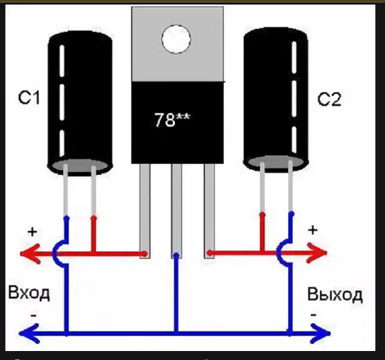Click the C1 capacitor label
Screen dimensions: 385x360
coord(29,98)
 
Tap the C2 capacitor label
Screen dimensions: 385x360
coord(329,100)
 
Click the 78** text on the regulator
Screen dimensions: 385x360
coord(172,120)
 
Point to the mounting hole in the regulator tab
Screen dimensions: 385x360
coord(176,39)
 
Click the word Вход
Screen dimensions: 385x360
coord(29,292)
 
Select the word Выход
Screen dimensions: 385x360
coord(335,294)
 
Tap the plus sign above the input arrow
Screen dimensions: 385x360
coord(32,231)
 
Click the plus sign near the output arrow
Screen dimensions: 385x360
coord(312,230)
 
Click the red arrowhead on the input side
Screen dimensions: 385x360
coord(30,254)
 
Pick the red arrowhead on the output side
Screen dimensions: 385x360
coord(317,252)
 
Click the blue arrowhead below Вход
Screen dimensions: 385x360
coord(29,334)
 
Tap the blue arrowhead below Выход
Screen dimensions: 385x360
coord(321,333)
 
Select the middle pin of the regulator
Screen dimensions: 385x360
coord(176,211)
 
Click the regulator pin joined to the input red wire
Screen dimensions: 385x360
coord(145,211)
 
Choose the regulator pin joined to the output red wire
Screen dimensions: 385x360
coord(209,211)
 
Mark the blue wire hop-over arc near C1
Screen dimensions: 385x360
coord(54,254)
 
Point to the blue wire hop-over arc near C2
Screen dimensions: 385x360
coord(278,252)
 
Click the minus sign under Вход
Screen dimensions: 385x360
coord(34,315)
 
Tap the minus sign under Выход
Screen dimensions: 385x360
coord(313,314)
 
